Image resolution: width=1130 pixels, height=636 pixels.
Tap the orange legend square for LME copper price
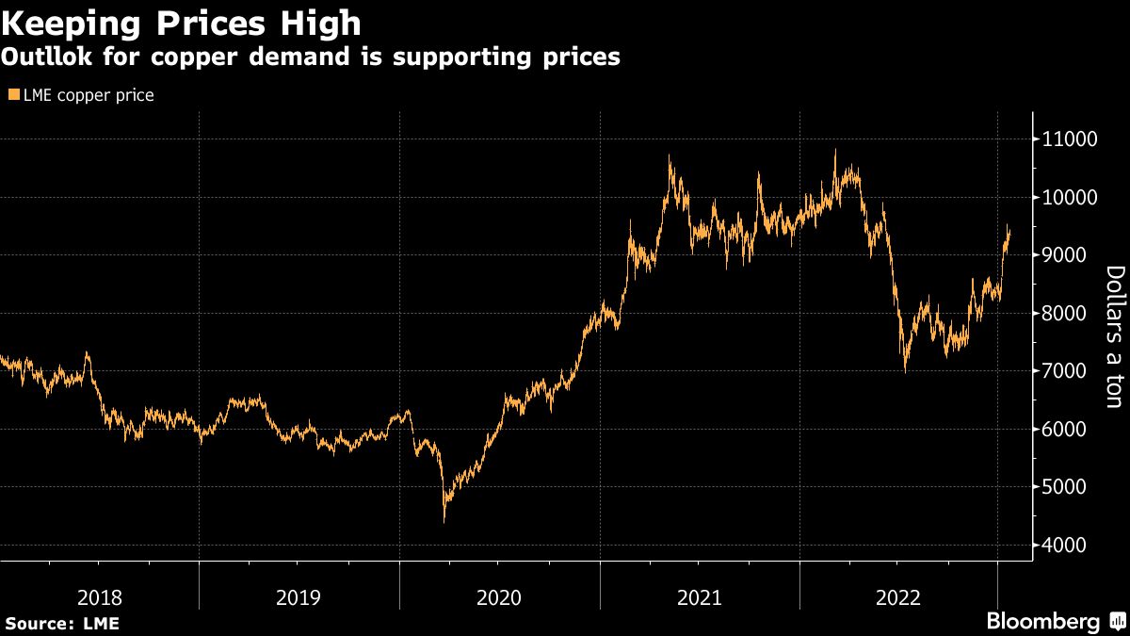[13, 95]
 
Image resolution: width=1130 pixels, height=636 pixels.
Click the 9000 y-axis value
[1061, 255]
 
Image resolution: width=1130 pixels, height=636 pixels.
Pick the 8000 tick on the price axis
[1061, 314]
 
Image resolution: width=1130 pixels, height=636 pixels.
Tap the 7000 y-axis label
[1061, 371]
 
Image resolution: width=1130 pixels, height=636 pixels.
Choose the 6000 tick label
[1061, 430]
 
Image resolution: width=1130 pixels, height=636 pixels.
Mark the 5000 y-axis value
[1061, 487]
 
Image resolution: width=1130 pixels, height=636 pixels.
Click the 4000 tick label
[1061, 546]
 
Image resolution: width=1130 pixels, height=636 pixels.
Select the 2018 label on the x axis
[100, 597]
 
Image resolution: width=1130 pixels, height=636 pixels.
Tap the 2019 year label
[299, 597]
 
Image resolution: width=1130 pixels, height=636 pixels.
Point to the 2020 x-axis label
[499, 597]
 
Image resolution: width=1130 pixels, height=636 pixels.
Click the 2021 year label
[699, 597]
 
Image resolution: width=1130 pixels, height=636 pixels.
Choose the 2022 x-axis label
[898, 597]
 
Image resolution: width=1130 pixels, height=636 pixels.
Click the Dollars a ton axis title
[1114, 336]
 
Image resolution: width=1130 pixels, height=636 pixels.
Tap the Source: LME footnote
[62, 623]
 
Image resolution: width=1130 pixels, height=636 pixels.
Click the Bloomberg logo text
[1042, 621]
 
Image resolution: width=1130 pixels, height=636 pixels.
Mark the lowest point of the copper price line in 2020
[444, 521]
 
